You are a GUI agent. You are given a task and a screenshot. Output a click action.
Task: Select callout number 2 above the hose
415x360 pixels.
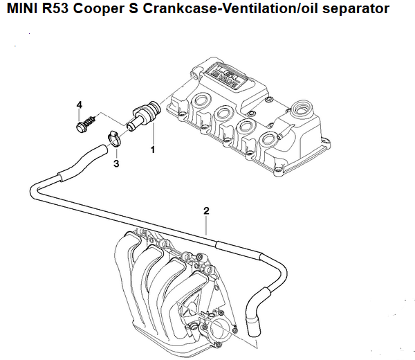(x=205, y=210)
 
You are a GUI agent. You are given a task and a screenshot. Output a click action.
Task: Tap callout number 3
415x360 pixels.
(x=116, y=164)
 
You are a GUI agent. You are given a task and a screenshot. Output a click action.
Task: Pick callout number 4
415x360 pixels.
(x=80, y=105)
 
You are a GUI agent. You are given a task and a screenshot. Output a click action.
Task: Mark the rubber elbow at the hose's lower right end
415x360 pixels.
(x=253, y=320)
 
